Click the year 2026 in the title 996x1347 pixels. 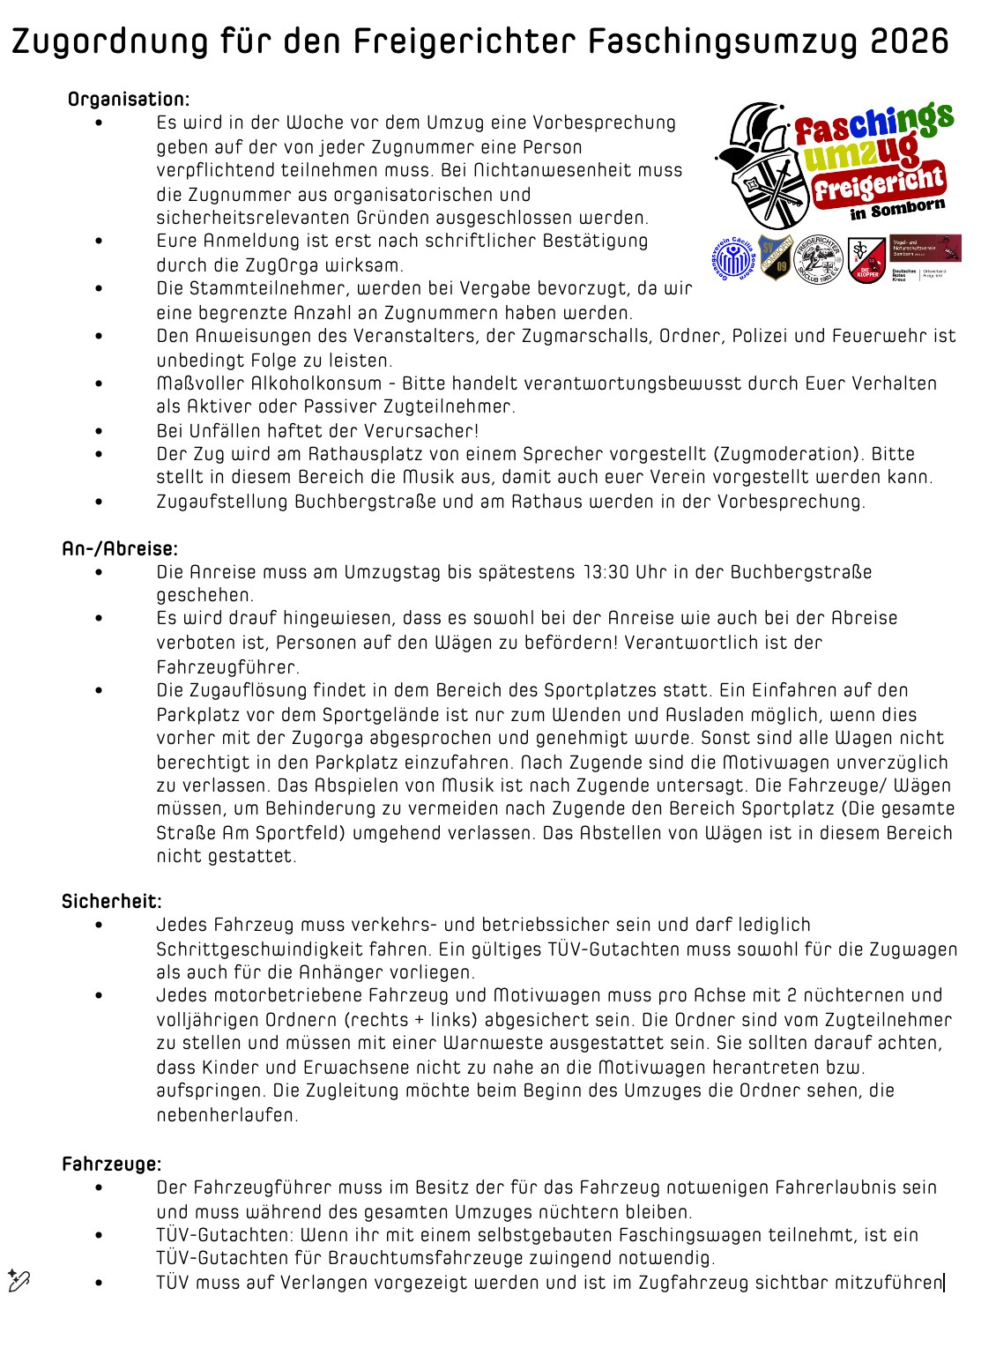click(909, 41)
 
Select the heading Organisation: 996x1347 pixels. click(129, 99)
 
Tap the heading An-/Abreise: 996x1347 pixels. click(120, 548)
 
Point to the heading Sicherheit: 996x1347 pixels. click(112, 901)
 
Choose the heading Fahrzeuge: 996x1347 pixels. click(112, 1164)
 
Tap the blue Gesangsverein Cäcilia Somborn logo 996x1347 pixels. click(733, 259)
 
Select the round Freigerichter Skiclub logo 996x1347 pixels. click(819, 259)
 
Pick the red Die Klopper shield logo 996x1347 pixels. click(866, 260)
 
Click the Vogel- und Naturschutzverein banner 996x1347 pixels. click(925, 248)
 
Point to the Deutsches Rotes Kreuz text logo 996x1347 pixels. click(904, 274)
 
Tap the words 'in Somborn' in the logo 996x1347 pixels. click(897, 210)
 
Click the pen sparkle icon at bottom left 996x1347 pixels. click(19, 1280)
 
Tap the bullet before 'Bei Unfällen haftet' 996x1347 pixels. click(99, 431)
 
